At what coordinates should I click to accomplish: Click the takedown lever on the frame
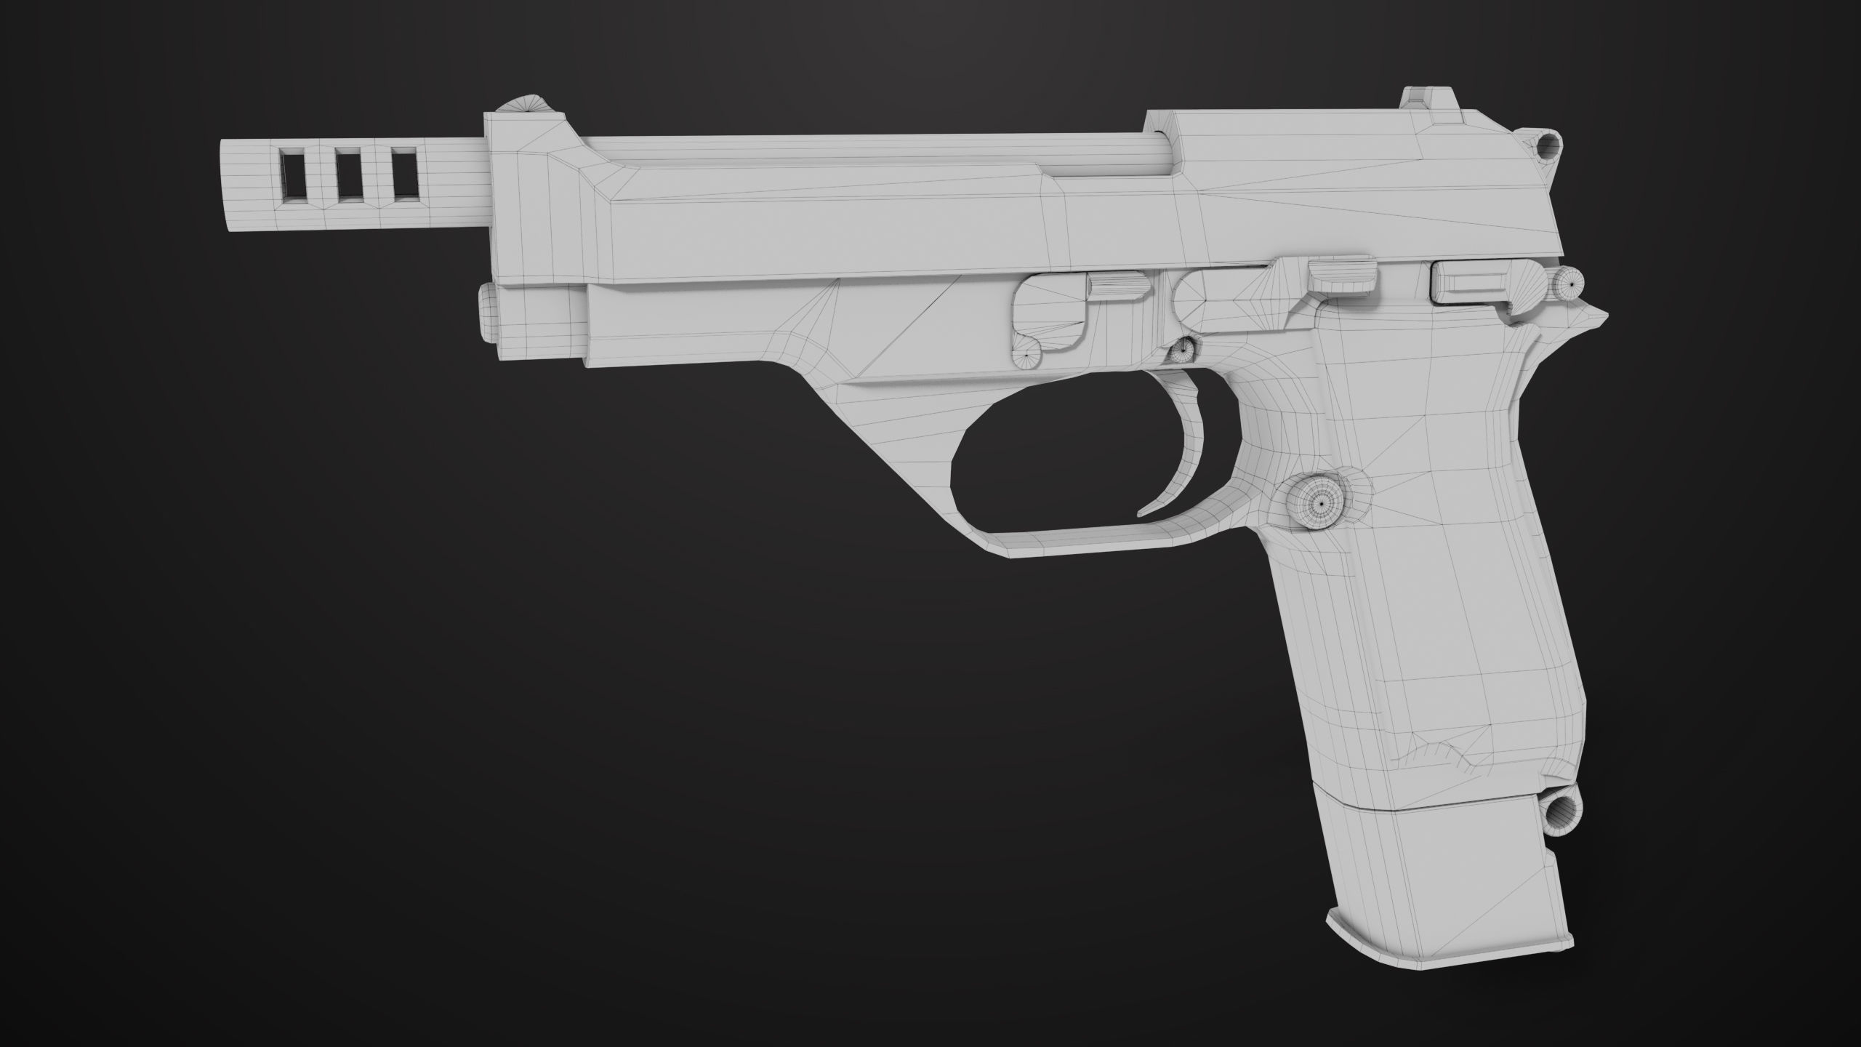[1047, 320]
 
